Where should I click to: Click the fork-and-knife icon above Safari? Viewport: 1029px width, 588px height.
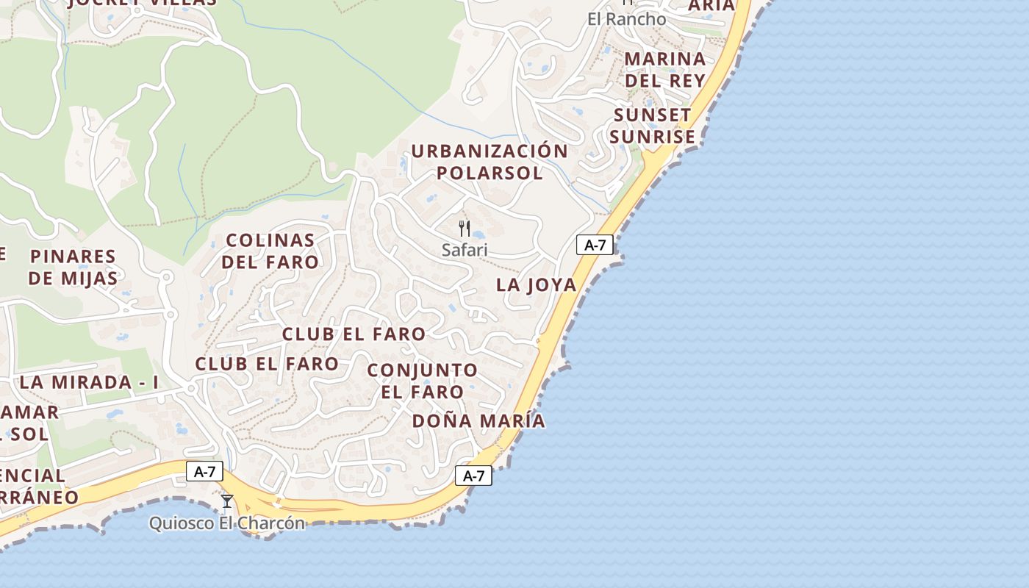pos(464,229)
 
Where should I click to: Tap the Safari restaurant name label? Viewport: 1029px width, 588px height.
pos(465,250)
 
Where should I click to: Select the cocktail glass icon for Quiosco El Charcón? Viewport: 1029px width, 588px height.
pos(227,501)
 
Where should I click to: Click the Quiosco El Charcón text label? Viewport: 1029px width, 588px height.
pos(227,523)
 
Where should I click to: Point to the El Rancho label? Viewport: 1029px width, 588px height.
pos(627,19)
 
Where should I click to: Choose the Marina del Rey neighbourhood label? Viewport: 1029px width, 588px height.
pos(664,69)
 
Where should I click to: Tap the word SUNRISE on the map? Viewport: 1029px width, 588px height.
pos(652,137)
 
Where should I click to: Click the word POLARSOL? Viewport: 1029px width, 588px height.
pos(490,173)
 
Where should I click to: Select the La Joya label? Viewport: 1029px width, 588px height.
pos(536,284)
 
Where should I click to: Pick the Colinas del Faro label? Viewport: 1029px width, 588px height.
pos(270,251)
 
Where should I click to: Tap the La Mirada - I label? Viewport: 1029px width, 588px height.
pos(89,382)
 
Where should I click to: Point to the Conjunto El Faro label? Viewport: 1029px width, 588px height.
pos(422,381)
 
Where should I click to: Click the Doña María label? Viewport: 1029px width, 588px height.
pos(478,421)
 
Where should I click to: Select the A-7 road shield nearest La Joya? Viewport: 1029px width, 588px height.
pos(595,245)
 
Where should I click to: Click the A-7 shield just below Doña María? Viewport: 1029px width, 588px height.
pos(473,476)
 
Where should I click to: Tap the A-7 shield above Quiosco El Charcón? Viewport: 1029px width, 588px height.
pos(204,471)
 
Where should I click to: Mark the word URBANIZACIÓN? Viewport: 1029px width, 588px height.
pos(490,151)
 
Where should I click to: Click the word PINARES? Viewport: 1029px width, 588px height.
pos(73,257)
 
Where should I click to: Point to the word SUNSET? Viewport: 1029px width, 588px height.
pos(652,115)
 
